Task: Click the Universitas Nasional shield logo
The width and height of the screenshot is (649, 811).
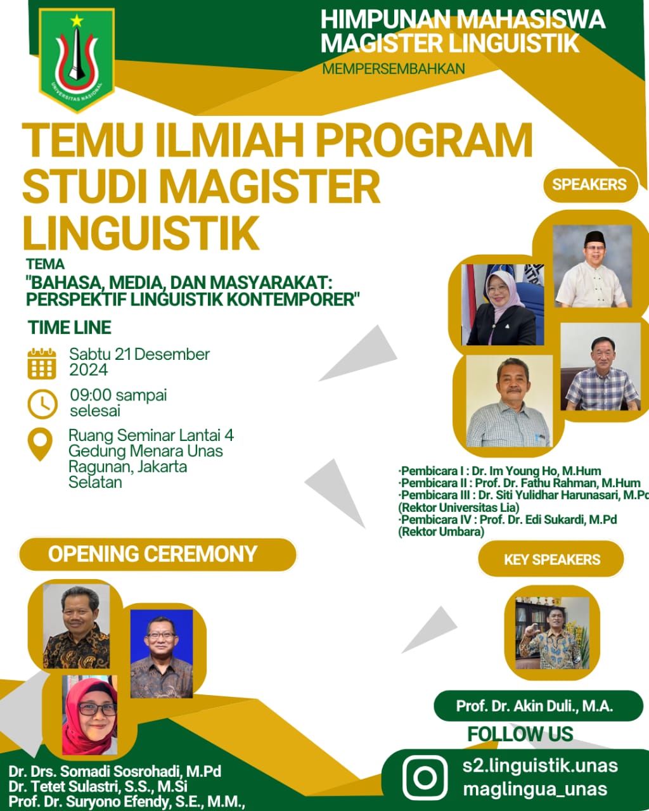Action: (77, 60)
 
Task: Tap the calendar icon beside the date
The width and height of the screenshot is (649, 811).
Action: (42, 364)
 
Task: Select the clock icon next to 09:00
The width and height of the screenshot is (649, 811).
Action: (42, 404)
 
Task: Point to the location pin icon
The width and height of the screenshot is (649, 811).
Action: (40, 444)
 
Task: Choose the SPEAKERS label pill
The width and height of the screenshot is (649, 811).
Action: (590, 184)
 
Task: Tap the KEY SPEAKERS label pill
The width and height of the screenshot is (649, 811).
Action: (551, 559)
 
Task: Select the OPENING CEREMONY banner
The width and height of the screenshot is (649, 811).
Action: (157, 554)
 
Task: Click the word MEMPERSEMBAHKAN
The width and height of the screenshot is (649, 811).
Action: (394, 69)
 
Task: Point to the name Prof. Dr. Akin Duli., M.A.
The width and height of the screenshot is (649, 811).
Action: (534, 706)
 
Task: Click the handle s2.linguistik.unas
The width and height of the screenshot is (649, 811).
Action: (540, 766)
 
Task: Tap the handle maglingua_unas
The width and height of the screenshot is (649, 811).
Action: (535, 789)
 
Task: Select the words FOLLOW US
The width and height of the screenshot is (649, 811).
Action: (520, 734)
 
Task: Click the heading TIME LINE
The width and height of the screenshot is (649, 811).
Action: (69, 327)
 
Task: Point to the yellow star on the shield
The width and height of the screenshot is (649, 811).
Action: (77, 21)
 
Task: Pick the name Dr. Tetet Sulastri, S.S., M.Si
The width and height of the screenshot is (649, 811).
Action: (98, 786)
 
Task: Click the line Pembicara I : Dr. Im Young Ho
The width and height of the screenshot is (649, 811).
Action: (499, 471)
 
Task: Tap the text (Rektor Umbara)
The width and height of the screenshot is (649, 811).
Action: (441, 532)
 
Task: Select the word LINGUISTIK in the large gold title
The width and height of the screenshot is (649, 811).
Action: (141, 233)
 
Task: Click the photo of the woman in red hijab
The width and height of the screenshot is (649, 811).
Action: (90, 715)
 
